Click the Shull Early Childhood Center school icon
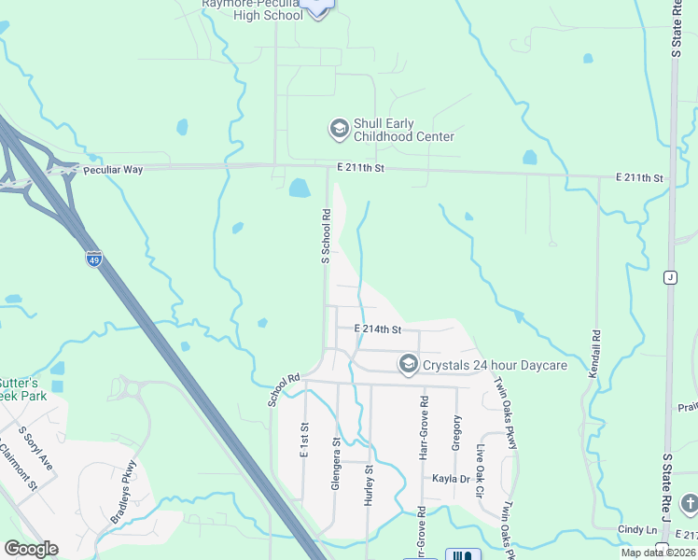point(339,128)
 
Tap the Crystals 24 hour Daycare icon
point(408,365)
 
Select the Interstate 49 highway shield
point(94,259)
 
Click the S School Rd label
point(326,236)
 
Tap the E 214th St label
point(378,329)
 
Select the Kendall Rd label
point(594,352)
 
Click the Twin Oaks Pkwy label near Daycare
point(505,413)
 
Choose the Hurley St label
point(368,485)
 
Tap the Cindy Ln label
point(637,529)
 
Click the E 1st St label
point(304,439)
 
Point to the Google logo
point(31,549)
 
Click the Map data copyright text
point(659,553)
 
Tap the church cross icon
point(689,503)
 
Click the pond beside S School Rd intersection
point(300,189)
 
